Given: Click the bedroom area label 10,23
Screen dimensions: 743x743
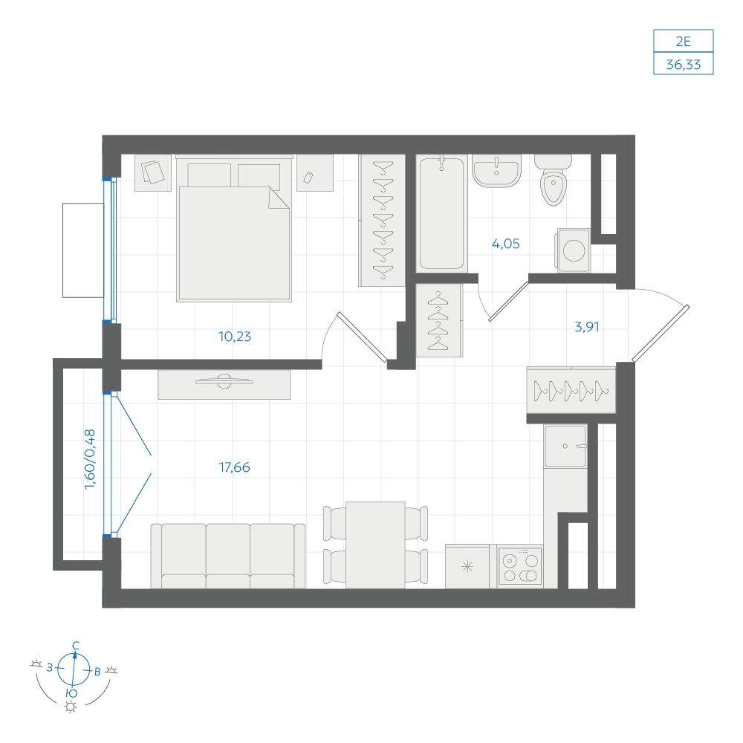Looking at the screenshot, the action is tap(235, 337).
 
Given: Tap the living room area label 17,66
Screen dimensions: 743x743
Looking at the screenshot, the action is tap(235, 467).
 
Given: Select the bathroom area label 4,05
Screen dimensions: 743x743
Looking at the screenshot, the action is tap(505, 244).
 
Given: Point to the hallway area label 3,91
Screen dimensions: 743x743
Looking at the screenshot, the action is tap(587, 326).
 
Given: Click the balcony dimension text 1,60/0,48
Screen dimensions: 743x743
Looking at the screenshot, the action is tap(90, 459).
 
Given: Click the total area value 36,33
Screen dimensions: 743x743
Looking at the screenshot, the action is tap(683, 64).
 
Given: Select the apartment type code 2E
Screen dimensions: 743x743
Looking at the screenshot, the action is tap(683, 42).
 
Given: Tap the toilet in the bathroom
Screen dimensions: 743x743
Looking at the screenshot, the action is tap(553, 179).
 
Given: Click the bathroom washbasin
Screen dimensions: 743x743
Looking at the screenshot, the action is tap(496, 170).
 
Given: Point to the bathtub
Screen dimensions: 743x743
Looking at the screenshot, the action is tap(441, 213).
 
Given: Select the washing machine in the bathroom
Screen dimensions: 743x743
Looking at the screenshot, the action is tap(574, 250).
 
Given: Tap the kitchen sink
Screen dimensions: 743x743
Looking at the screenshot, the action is tap(565, 446).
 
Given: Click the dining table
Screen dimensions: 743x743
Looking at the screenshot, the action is tap(375, 545).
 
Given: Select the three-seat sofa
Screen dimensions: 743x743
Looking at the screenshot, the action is tap(228, 556).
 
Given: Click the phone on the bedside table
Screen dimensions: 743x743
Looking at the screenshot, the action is tap(308, 178).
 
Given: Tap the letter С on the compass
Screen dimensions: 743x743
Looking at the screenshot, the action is tap(75, 645).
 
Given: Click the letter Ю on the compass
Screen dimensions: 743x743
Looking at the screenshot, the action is tap(71, 694).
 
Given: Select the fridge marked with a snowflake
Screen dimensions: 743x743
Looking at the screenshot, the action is tap(467, 566).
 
